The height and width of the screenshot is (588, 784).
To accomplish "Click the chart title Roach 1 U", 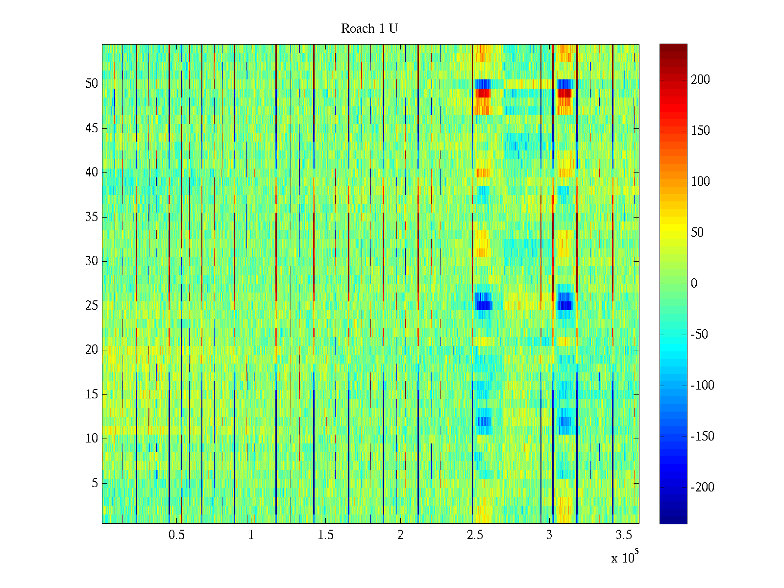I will tap(369, 29).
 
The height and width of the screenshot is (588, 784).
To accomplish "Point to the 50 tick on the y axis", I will tap(92, 84).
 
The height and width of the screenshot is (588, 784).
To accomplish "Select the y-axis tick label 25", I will tap(92, 306).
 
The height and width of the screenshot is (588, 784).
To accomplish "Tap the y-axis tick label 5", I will tap(95, 483).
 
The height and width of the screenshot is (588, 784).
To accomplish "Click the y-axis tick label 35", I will tap(92, 217).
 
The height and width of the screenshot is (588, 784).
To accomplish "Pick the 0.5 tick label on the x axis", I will tap(176, 535).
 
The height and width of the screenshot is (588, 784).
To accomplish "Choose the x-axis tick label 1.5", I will tap(326, 535).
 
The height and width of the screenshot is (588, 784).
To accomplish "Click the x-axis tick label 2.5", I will tap(475, 535).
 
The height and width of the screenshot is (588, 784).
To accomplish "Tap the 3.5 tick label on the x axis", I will tap(624, 535).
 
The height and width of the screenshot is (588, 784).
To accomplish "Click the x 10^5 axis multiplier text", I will tap(625, 557).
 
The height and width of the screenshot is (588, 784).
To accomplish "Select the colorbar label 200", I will tap(700, 80).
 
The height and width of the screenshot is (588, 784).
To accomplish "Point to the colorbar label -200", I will tap(702, 488).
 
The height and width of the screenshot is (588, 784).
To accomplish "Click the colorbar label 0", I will tap(694, 284).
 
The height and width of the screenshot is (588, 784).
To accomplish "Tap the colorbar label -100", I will tap(702, 386).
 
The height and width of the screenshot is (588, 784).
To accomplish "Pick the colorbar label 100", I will tap(700, 182).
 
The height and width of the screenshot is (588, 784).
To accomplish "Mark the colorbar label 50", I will tap(697, 233).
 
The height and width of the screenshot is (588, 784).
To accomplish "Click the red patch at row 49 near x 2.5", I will tap(483, 93).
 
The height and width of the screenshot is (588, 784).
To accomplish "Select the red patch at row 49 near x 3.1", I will tap(564, 93).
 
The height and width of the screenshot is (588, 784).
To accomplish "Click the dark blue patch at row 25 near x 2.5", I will tap(483, 306).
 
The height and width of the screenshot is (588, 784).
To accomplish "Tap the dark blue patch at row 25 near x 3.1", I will tap(565, 306).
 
